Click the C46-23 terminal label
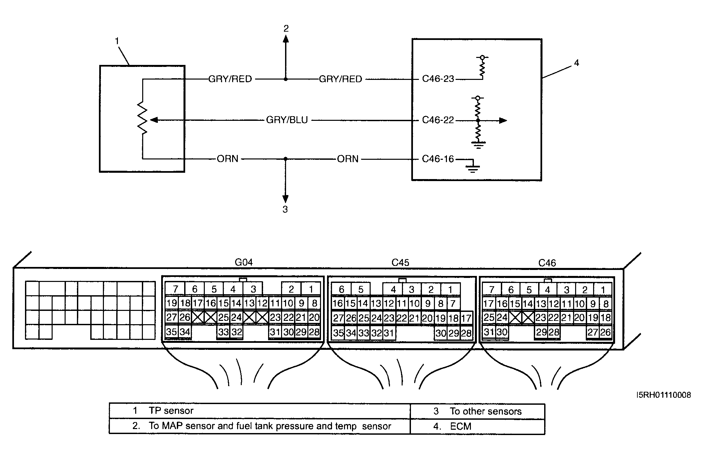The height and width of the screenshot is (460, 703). tap(438, 79)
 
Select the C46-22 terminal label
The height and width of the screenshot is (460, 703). tap(438, 120)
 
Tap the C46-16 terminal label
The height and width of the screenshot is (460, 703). tap(438, 159)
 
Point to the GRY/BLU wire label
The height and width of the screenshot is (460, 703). tap(287, 120)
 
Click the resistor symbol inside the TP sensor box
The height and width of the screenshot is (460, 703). tap(142, 118)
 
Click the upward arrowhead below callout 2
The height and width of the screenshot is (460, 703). tap(286, 39)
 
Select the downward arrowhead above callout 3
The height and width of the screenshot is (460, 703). tap(285, 198)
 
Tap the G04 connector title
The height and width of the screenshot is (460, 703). tap(244, 262)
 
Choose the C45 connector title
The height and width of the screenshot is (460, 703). tap(400, 263)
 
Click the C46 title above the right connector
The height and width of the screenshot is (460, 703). tap(547, 263)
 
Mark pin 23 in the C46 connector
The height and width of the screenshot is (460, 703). tap(541, 318)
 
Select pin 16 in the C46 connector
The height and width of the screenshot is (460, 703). tap(502, 304)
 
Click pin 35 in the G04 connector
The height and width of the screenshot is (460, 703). tap(172, 332)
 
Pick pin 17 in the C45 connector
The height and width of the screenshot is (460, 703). tap(466, 318)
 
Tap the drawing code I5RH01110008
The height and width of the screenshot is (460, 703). tap(664, 395)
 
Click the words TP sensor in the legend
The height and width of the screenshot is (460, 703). tap(171, 411)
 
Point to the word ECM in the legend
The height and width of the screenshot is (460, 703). tap(461, 426)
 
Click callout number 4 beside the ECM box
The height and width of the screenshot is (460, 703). tap(576, 63)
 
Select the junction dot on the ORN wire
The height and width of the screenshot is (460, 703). tap(285, 159)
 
